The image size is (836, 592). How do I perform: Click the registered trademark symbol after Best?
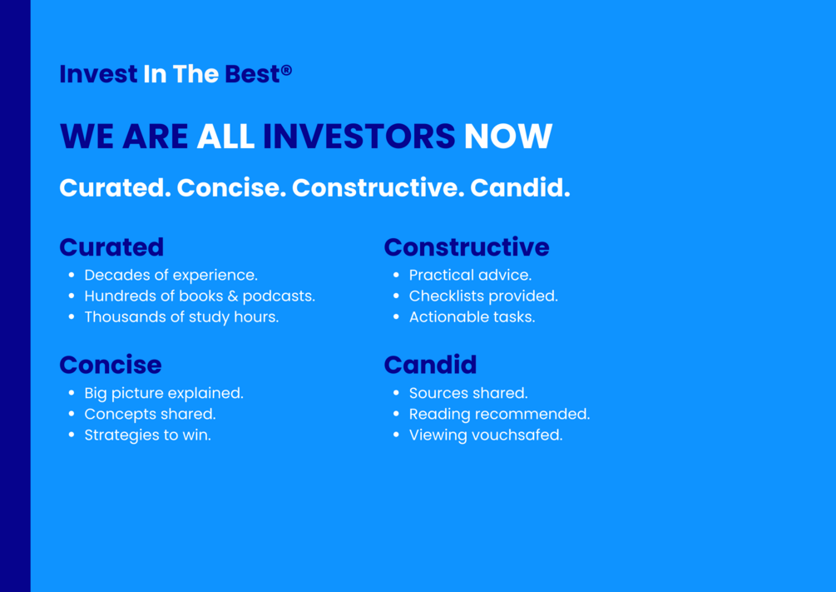click(x=286, y=71)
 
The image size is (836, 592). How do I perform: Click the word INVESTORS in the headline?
click(x=359, y=136)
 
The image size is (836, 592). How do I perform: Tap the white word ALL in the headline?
click(x=225, y=136)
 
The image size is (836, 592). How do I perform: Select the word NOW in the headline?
click(x=508, y=136)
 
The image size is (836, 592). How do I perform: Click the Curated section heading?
click(x=111, y=246)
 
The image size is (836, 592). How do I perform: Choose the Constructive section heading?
click(x=467, y=246)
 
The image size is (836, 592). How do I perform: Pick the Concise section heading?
click(x=111, y=365)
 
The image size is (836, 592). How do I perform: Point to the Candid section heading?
click(x=430, y=365)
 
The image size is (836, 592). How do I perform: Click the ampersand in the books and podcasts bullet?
click(x=232, y=296)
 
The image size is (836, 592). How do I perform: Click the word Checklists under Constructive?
click(x=446, y=296)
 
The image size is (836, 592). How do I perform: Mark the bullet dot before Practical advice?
click(x=396, y=275)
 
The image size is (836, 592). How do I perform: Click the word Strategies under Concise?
click(x=122, y=435)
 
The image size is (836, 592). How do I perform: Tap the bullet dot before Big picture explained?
click(x=72, y=393)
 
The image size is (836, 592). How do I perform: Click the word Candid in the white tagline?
click(x=520, y=187)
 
